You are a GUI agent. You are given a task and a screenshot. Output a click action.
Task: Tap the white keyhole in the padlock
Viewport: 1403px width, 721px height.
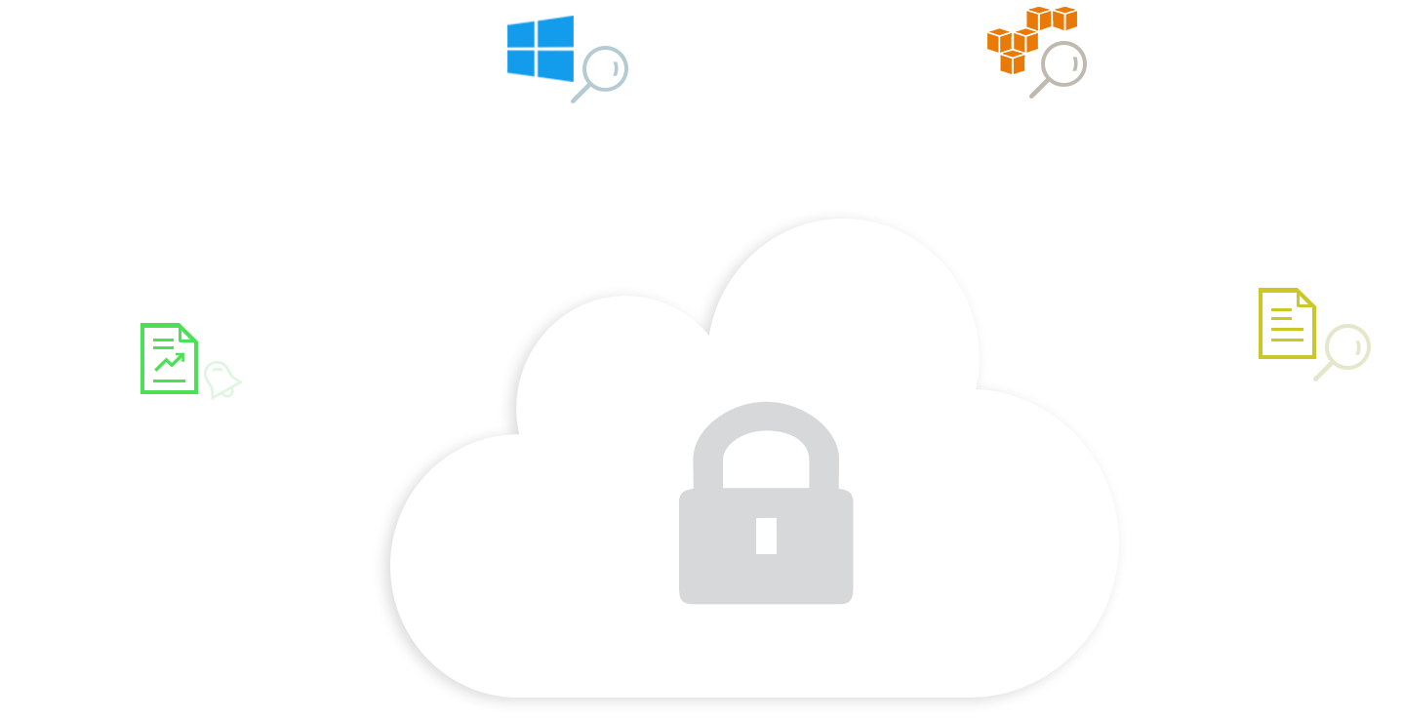click(x=766, y=536)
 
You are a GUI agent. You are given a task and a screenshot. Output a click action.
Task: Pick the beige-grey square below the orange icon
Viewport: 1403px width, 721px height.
click(x=1057, y=71)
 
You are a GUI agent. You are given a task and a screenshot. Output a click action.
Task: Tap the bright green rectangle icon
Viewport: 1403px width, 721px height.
click(x=169, y=357)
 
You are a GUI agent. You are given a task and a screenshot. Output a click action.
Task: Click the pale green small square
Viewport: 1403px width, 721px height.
click(x=223, y=383)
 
